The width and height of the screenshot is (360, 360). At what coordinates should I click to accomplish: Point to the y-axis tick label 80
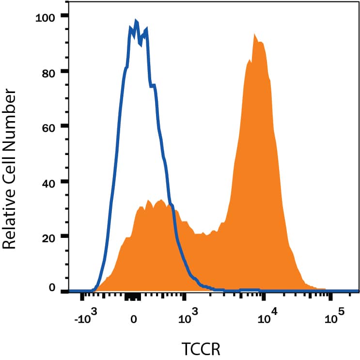50,72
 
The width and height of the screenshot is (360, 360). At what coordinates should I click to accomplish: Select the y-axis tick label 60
50,126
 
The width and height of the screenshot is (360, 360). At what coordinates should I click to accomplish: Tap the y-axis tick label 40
50,182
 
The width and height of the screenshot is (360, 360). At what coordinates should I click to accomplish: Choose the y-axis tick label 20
50,236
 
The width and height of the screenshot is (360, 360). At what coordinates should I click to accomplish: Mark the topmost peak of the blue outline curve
136,21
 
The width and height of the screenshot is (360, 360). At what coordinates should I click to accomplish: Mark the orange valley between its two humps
206,235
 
